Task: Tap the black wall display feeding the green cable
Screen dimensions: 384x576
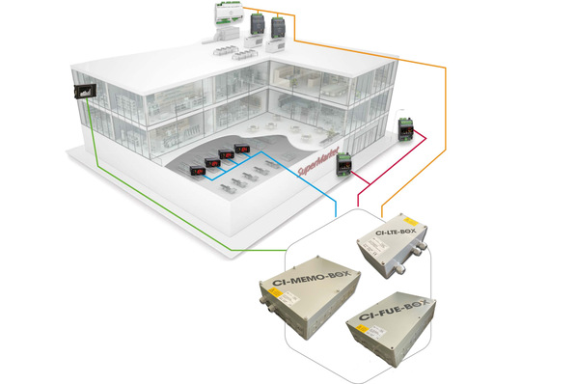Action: [83, 92]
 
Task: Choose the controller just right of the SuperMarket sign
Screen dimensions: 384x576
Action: [343, 166]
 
